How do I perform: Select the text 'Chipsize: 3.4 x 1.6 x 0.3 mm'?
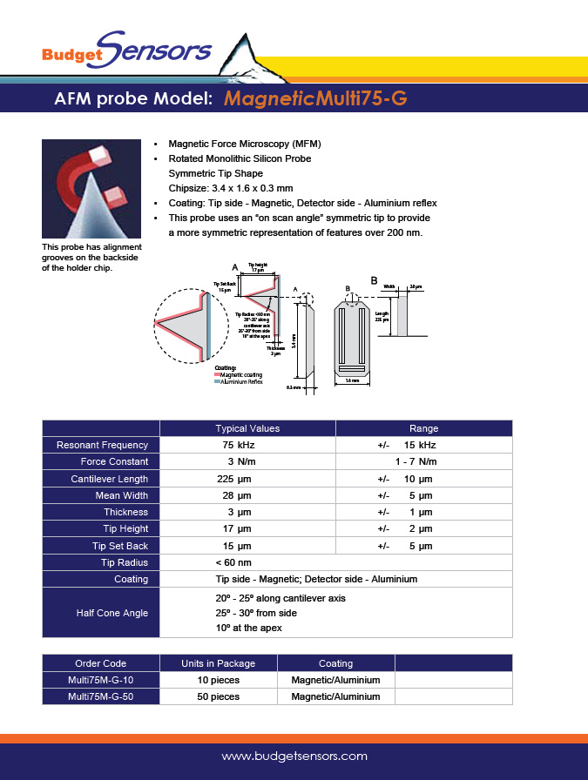(x=230, y=187)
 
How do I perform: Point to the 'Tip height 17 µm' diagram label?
(x=256, y=267)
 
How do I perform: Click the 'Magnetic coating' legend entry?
(x=241, y=374)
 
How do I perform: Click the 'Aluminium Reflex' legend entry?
(x=241, y=381)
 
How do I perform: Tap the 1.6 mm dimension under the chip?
(x=353, y=380)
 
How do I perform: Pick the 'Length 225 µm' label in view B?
(x=382, y=317)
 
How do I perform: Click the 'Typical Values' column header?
(x=247, y=428)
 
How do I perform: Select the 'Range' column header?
(x=423, y=428)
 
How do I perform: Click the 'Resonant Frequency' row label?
(x=102, y=445)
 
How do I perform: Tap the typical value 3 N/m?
(x=241, y=461)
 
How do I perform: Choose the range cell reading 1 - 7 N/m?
(x=416, y=461)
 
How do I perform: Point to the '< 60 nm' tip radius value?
(x=233, y=562)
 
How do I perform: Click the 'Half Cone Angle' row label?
(x=112, y=613)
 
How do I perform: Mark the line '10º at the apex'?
(x=248, y=628)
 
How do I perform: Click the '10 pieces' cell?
(x=218, y=680)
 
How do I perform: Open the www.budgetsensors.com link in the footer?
(x=294, y=756)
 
